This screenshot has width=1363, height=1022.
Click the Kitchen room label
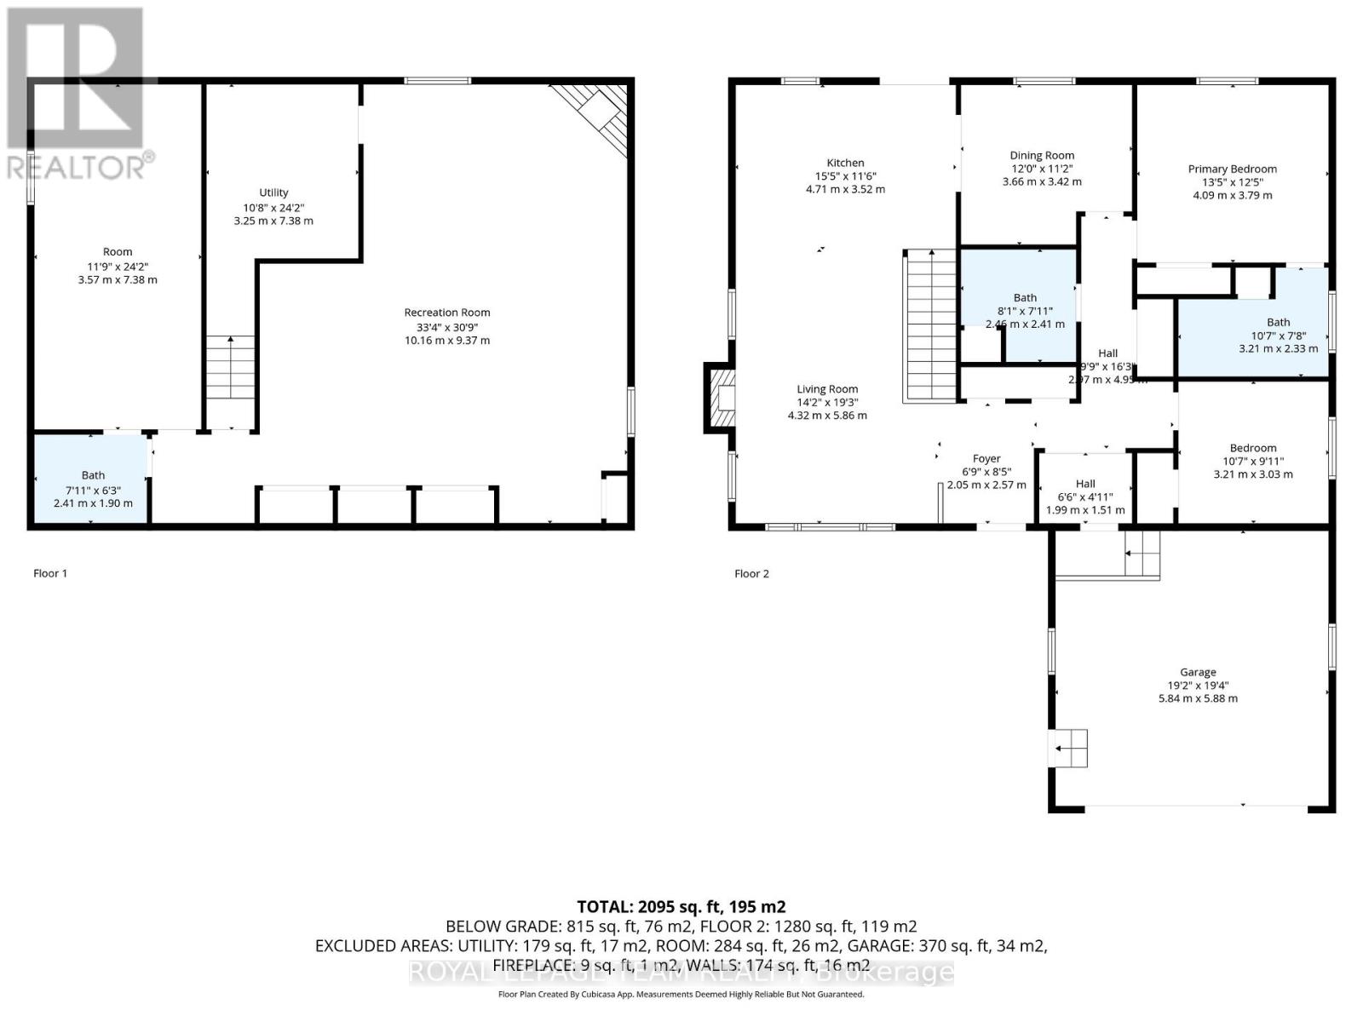[x=845, y=163]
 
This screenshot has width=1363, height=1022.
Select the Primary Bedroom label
[x=1232, y=169]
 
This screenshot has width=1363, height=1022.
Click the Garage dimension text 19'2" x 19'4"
[x=1198, y=685]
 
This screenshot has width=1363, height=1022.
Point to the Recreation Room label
[x=447, y=313]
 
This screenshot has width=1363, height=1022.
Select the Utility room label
[x=273, y=192]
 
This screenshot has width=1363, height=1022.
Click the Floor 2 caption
[x=751, y=573]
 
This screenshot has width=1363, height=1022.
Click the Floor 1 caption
[x=50, y=573]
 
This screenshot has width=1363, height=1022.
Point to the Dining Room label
[x=1042, y=155]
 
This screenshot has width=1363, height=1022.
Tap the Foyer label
[x=986, y=458]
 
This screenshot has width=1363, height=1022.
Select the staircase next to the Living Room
[x=930, y=325]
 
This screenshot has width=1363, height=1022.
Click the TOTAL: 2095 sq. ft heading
[x=681, y=907]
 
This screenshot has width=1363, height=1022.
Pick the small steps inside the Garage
[x=1070, y=749]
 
